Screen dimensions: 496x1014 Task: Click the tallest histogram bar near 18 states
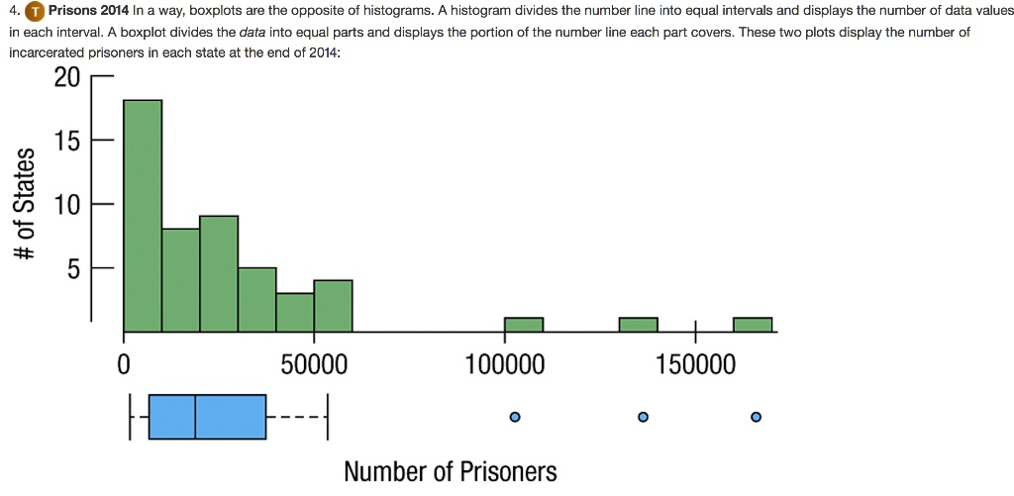tap(143, 215)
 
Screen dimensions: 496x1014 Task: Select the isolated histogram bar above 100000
tap(524, 325)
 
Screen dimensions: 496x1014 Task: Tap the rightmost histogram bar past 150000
tap(753, 325)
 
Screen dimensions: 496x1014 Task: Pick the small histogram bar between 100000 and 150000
tap(638, 325)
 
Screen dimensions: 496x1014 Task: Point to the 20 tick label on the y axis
tap(66, 78)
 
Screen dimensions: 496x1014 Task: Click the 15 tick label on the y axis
tap(66, 142)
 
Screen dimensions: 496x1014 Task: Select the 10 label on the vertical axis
tap(66, 206)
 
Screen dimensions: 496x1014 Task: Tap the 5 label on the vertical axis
tap(73, 269)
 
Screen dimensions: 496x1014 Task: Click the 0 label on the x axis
tap(123, 366)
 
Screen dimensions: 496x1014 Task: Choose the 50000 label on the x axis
tap(314, 366)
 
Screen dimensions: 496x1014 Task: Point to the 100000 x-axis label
tap(505, 366)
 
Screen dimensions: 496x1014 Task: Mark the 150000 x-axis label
tap(696, 366)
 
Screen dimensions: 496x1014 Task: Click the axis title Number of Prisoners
tap(451, 471)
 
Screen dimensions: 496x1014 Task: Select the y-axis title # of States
tap(25, 206)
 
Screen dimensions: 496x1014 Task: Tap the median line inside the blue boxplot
tap(195, 417)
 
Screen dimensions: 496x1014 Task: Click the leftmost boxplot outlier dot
tap(514, 417)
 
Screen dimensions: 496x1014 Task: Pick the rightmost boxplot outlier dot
tap(756, 417)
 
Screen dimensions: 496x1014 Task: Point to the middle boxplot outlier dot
tap(643, 417)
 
